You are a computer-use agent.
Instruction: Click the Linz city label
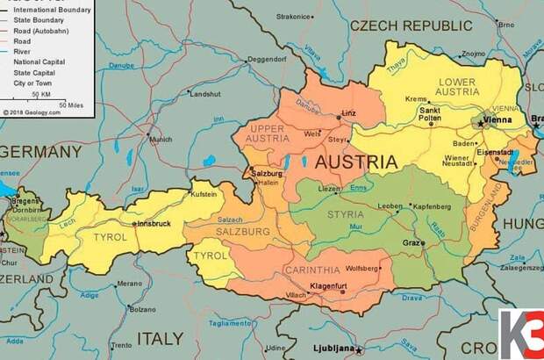[x=349, y=113]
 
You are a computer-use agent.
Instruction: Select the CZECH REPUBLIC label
[x=411, y=25]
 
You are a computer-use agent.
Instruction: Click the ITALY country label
[x=161, y=337]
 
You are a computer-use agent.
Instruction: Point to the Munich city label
[x=161, y=140]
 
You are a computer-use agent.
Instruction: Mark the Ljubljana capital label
[x=335, y=349]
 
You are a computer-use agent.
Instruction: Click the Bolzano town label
[x=142, y=309]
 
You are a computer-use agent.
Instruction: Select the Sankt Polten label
[x=429, y=115]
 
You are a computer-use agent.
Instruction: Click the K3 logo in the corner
[x=521, y=334]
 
